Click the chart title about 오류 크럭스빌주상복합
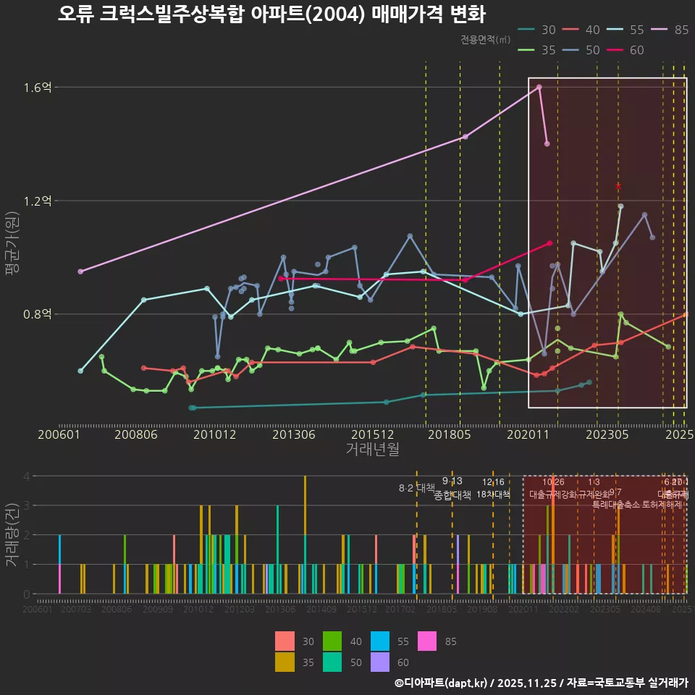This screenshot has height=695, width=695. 271,14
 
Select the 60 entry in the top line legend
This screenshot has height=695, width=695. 637,50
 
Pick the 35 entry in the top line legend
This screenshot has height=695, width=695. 548,50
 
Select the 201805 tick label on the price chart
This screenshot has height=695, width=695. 449,435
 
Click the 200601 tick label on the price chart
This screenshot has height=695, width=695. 59,435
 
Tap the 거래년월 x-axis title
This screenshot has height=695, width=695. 372,449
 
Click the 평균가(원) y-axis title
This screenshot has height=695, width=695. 12,246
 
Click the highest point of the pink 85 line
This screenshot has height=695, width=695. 539,87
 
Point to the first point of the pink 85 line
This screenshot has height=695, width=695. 80,271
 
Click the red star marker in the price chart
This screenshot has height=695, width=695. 618,187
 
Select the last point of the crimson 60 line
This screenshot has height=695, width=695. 550,243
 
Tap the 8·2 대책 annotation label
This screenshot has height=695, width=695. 416,488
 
